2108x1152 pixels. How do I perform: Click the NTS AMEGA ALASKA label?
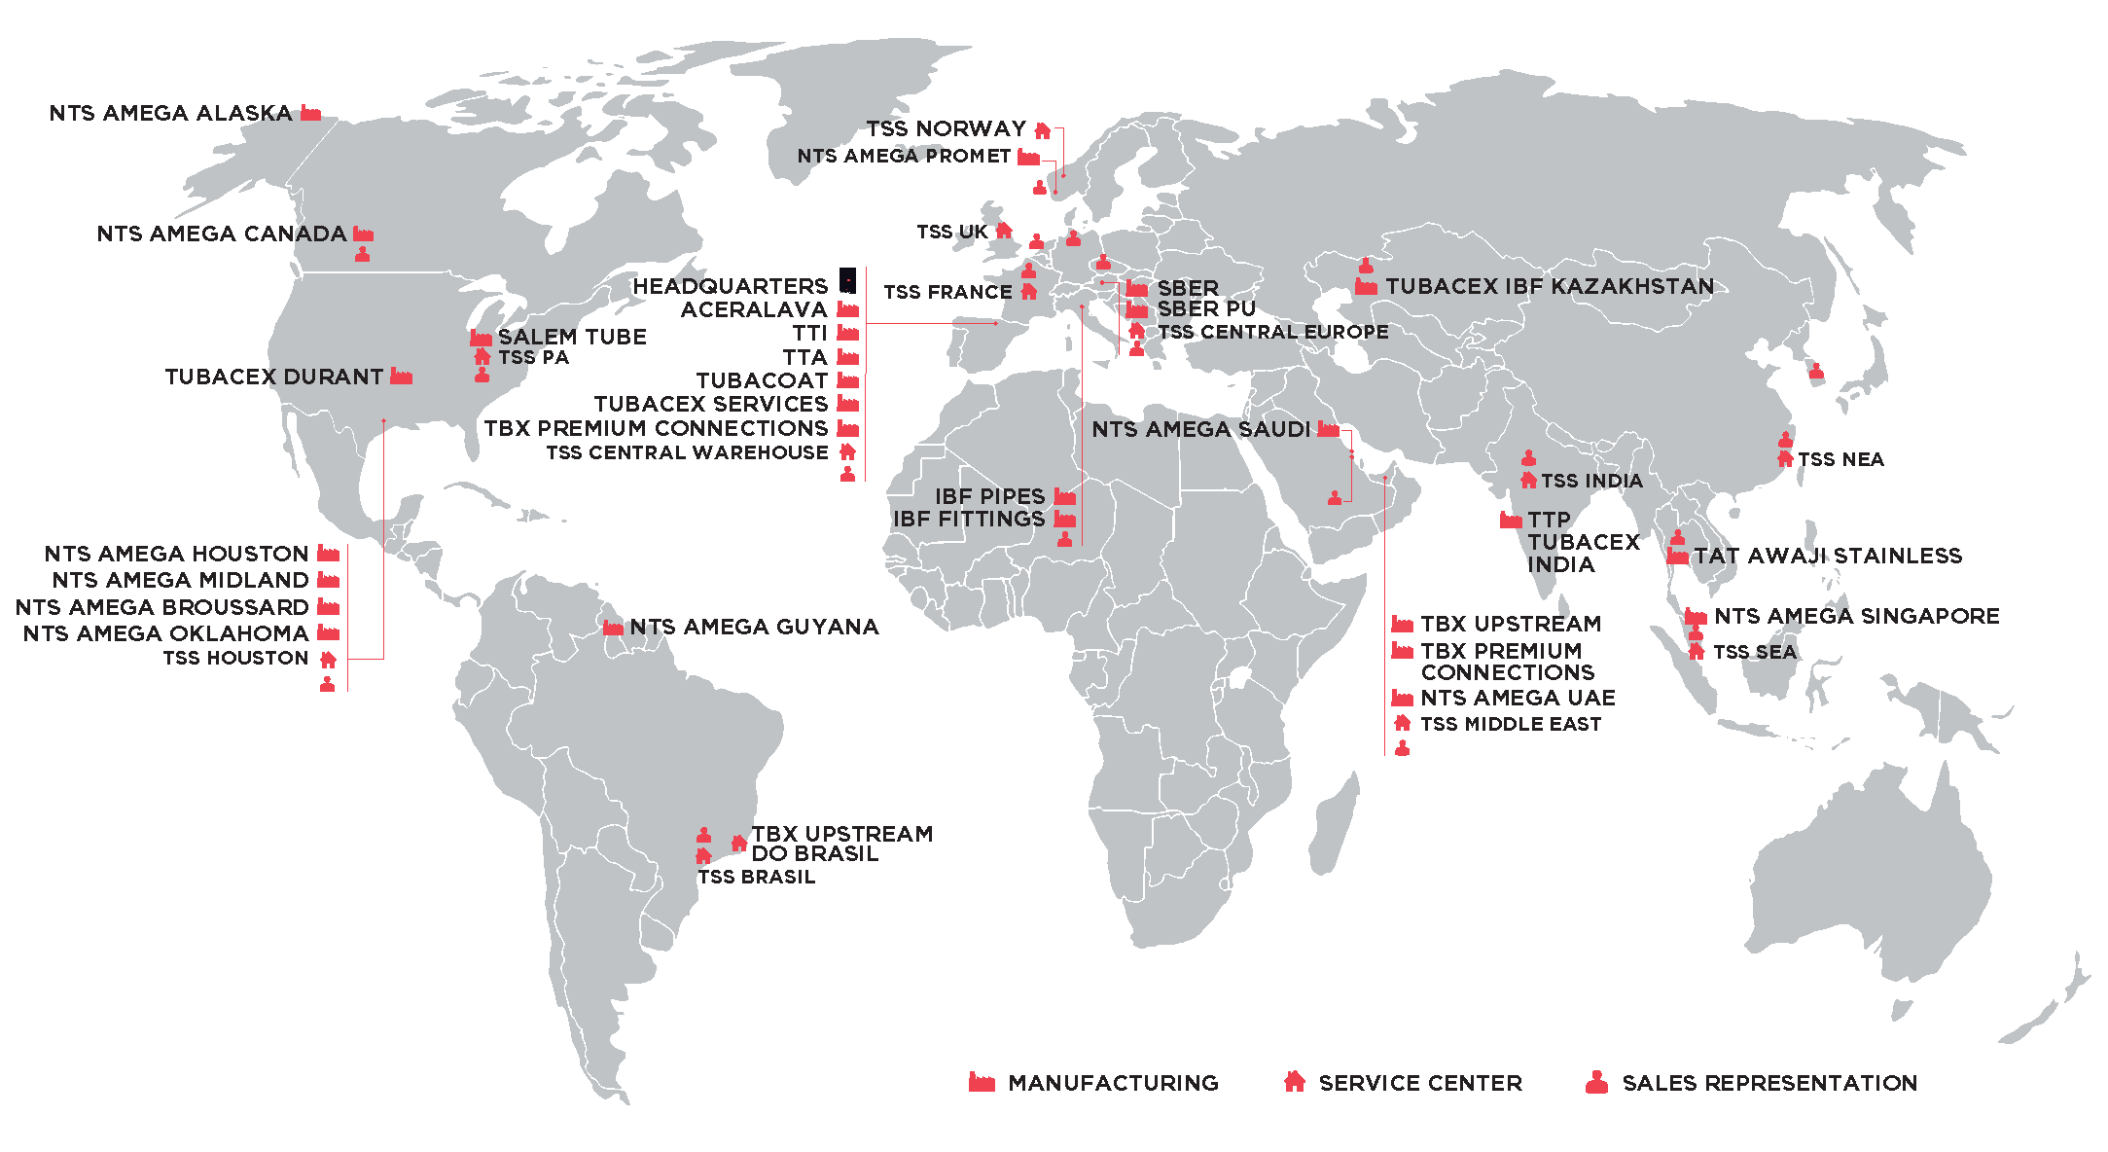[170, 114]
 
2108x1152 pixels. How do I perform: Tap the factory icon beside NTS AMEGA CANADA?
[363, 234]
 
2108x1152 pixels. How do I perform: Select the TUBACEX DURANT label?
[273, 378]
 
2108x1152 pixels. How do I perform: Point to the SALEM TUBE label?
[572, 338]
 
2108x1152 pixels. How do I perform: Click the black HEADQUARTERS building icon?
[848, 280]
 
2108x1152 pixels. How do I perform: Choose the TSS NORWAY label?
[946, 129]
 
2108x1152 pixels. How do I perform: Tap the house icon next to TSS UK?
[1004, 232]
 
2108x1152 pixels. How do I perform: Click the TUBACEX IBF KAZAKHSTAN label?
[1550, 287]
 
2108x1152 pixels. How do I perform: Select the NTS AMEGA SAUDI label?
[1200, 430]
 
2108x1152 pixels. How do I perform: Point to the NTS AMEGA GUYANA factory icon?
[613, 628]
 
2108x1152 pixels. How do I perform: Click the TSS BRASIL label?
[756, 878]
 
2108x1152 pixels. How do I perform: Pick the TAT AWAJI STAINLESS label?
[1828, 557]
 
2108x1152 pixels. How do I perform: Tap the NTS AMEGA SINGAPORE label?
[1856, 617]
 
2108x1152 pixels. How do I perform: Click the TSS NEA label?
[1840, 460]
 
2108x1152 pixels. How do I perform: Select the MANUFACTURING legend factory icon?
[982, 1082]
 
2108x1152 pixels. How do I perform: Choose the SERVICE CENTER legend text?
[1420, 1084]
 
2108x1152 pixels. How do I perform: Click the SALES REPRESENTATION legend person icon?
[1596, 1082]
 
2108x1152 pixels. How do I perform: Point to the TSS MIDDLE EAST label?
[1510, 725]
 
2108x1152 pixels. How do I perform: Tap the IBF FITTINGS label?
[968, 520]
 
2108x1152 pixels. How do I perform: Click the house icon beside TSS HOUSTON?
[329, 660]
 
